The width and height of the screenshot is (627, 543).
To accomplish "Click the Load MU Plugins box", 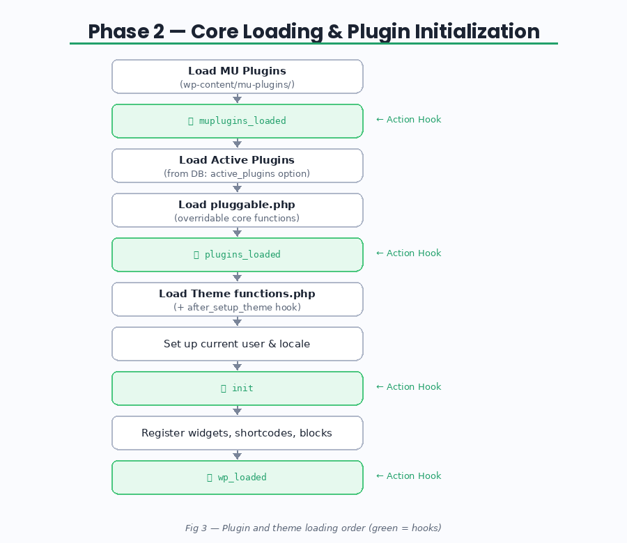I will [x=237, y=76].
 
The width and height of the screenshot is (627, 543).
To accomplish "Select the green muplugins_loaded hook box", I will [x=237, y=121].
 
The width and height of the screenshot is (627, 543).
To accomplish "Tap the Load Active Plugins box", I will [x=237, y=166].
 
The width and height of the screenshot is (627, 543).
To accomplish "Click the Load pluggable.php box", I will [x=237, y=210].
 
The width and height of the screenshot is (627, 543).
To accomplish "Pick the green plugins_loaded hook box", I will [x=237, y=255].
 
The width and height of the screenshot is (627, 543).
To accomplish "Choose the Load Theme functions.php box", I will [x=237, y=299].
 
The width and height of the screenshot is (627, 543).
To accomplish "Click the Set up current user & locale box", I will [x=237, y=344].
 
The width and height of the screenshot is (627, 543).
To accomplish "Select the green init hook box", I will [x=237, y=388].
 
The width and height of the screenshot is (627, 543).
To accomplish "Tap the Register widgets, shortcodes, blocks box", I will [x=237, y=433].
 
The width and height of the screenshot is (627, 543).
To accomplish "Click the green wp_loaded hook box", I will [x=237, y=478].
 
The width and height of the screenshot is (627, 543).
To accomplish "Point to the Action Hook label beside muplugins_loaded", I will [x=409, y=120].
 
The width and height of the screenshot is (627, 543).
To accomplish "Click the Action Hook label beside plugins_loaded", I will [x=409, y=253].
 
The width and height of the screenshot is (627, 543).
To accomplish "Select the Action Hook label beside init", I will [x=409, y=387].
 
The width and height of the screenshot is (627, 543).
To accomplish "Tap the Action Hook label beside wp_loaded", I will [x=409, y=476].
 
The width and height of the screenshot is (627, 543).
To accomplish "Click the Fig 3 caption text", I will [x=313, y=528].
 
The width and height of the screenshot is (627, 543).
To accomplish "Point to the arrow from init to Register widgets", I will [x=237, y=411].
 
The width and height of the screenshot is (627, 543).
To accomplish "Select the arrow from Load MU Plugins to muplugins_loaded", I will [x=237, y=99].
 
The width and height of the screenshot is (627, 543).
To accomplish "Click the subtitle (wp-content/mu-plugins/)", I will [x=237, y=84].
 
